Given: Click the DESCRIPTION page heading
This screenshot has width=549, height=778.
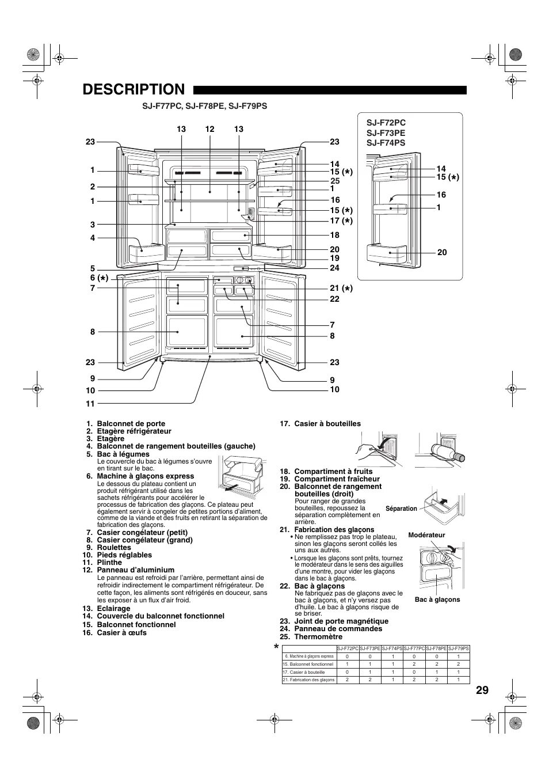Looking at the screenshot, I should pos(134,90).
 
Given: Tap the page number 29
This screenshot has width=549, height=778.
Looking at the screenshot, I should pos(482,690).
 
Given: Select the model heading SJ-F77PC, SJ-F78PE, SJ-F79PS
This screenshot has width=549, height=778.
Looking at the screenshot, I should pos(205,107).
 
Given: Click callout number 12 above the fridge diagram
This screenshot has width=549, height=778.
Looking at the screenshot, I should pos(209,130).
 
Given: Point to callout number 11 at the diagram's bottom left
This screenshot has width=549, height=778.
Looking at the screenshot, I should pos(90,404).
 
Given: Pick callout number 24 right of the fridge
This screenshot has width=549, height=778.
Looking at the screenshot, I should pos(334,268).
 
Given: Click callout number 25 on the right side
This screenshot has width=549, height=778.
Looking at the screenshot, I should pos(334,181).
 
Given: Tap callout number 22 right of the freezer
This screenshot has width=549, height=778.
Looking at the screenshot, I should pos(334,299).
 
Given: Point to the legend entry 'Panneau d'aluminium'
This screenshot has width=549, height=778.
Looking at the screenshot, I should pos(135,570).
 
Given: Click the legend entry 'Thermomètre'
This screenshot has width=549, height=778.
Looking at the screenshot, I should pos(318,637).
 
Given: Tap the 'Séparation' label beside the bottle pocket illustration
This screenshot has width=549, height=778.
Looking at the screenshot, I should pos(401,508).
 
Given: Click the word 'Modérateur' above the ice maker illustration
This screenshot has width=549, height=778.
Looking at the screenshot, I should pos(426,535).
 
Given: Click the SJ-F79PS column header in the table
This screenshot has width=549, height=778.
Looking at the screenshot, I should pos(459,648).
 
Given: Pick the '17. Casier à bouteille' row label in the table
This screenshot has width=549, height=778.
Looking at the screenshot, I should pos(304,672).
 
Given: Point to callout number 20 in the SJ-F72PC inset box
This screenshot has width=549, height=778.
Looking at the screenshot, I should pos(442,252).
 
